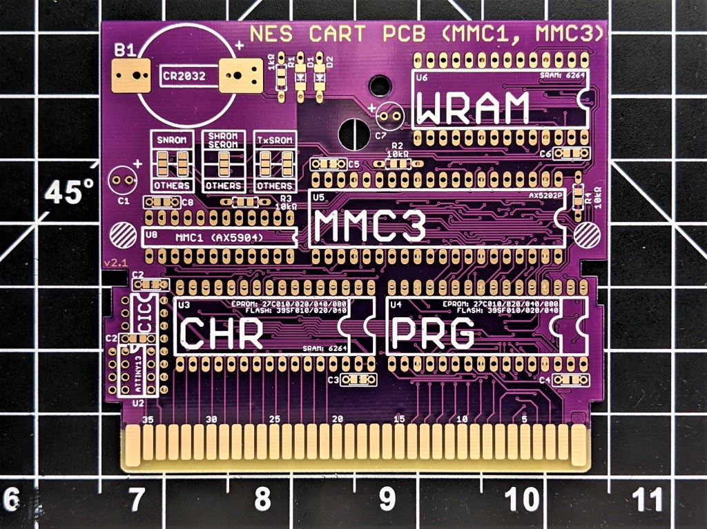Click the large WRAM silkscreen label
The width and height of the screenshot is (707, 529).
click(x=474, y=108)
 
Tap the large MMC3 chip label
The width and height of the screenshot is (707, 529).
click(x=367, y=227)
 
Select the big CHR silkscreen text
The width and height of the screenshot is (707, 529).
click(x=222, y=333)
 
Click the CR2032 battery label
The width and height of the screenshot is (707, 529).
click(x=183, y=77)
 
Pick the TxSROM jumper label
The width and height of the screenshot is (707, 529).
click(x=273, y=140)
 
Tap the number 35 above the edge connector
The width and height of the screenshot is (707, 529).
click(x=146, y=419)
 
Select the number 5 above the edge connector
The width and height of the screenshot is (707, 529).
click(x=525, y=419)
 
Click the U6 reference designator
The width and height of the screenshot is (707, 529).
click(x=422, y=78)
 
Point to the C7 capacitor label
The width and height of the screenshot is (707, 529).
click(x=380, y=135)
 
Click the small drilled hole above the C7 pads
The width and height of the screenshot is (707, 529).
click(x=378, y=86)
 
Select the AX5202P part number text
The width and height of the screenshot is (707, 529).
click(x=546, y=195)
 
